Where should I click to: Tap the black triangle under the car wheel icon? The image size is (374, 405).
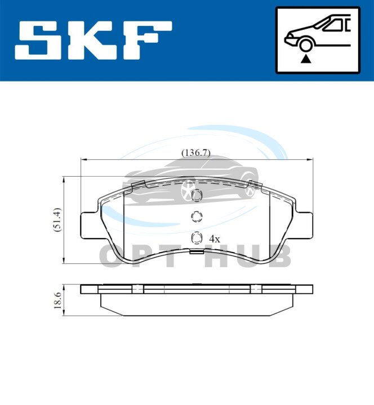[305, 60]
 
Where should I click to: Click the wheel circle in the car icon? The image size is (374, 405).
[305, 45]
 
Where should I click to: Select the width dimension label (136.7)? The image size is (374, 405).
[196, 153]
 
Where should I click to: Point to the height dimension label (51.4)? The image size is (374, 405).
[57, 219]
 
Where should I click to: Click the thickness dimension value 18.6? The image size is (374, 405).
[57, 300]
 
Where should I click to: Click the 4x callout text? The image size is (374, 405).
[215, 239]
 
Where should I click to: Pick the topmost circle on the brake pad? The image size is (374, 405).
[197, 195]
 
